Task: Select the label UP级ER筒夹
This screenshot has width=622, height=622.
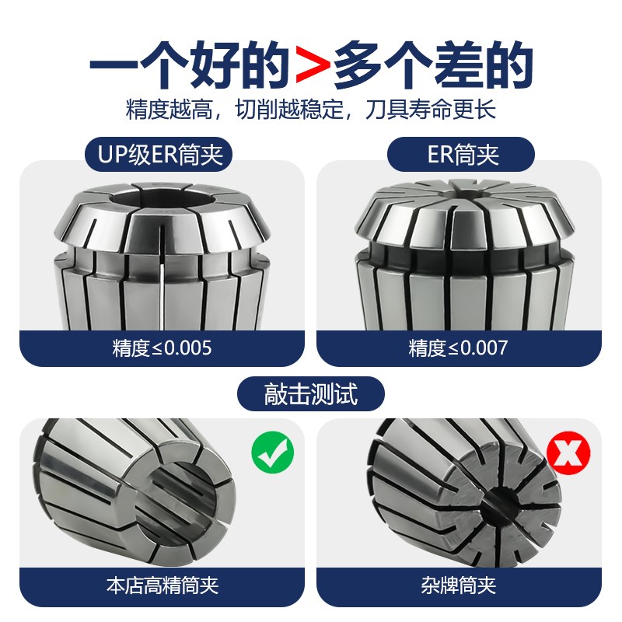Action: click(x=161, y=154)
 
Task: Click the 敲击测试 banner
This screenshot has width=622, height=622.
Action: click(x=311, y=393)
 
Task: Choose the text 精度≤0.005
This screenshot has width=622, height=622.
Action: click(x=161, y=348)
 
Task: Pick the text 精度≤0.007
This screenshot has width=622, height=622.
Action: click(x=458, y=348)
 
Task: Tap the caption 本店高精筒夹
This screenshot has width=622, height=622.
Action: click(x=161, y=583)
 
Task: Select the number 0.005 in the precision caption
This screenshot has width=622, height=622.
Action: click(x=183, y=348)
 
